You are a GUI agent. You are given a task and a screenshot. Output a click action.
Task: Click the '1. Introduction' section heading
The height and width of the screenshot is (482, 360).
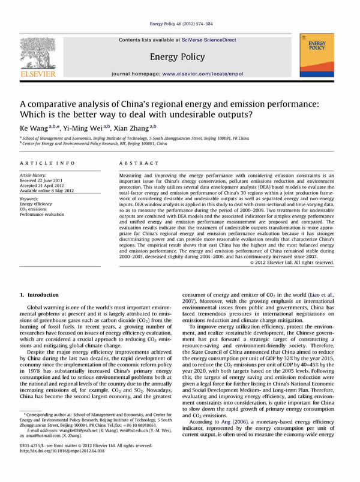40,295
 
